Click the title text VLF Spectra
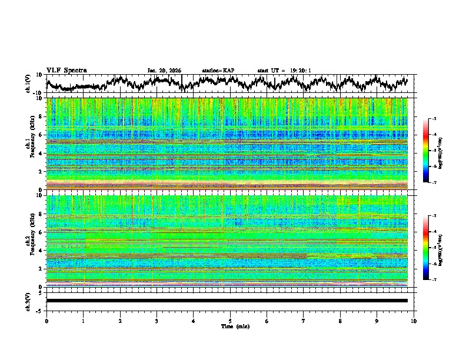[66, 71]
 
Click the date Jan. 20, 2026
[164, 71]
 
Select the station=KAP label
[218, 71]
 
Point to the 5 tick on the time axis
[230, 321]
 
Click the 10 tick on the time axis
[414, 321]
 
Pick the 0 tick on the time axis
[46, 321]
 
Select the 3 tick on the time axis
[157, 321]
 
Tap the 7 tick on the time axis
[304, 321]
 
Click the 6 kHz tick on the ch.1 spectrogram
[40, 135]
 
